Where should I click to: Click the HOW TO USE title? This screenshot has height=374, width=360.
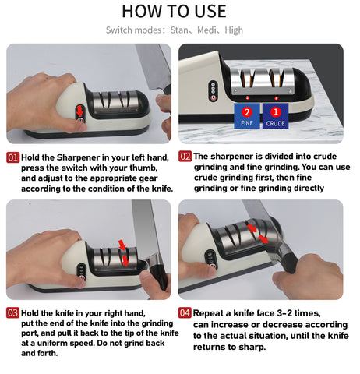(x=174, y=11)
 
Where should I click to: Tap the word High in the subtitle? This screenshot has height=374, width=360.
(x=234, y=30)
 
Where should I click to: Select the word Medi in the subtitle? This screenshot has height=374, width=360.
(x=206, y=30)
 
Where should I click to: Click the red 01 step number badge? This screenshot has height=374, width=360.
(x=13, y=157)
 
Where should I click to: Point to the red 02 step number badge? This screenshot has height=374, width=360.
(x=185, y=157)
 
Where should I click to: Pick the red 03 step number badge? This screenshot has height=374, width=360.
(x=12, y=313)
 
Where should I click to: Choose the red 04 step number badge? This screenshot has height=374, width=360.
(x=185, y=312)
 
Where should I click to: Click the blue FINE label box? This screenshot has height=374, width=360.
(x=247, y=116)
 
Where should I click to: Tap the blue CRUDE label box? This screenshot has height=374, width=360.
(x=275, y=116)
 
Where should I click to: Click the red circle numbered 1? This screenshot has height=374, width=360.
(x=276, y=112)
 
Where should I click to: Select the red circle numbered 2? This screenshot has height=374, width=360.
(x=247, y=112)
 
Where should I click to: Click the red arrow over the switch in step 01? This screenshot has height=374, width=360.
(x=80, y=111)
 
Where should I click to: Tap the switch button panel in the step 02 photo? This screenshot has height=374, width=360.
(x=214, y=90)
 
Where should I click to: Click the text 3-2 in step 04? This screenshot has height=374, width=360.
(x=284, y=313)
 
